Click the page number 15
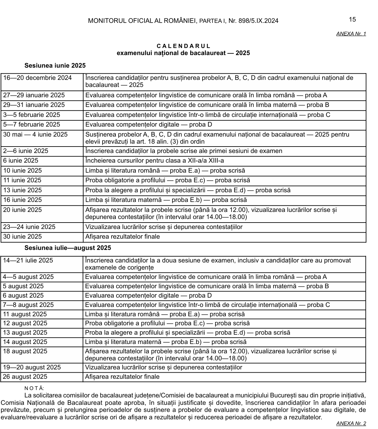(352, 20)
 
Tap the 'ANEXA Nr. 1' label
(351, 33)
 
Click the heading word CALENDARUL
(184, 46)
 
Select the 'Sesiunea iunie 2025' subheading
(55, 66)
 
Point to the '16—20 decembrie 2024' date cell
(37, 78)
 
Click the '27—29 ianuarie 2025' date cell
(34, 95)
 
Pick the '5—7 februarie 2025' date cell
(32, 125)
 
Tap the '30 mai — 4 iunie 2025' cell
(35, 135)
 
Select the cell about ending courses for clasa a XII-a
(154, 161)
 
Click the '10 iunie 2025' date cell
(23, 171)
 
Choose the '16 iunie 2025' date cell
(23, 200)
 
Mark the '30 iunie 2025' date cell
(23, 237)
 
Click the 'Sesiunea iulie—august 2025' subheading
(68, 248)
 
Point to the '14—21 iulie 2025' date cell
(28, 261)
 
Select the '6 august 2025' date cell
(23, 296)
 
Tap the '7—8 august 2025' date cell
(28, 305)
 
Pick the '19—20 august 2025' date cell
(32, 367)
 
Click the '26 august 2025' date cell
(25, 377)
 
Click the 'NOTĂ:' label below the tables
(34, 389)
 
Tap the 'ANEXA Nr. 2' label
(351, 424)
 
